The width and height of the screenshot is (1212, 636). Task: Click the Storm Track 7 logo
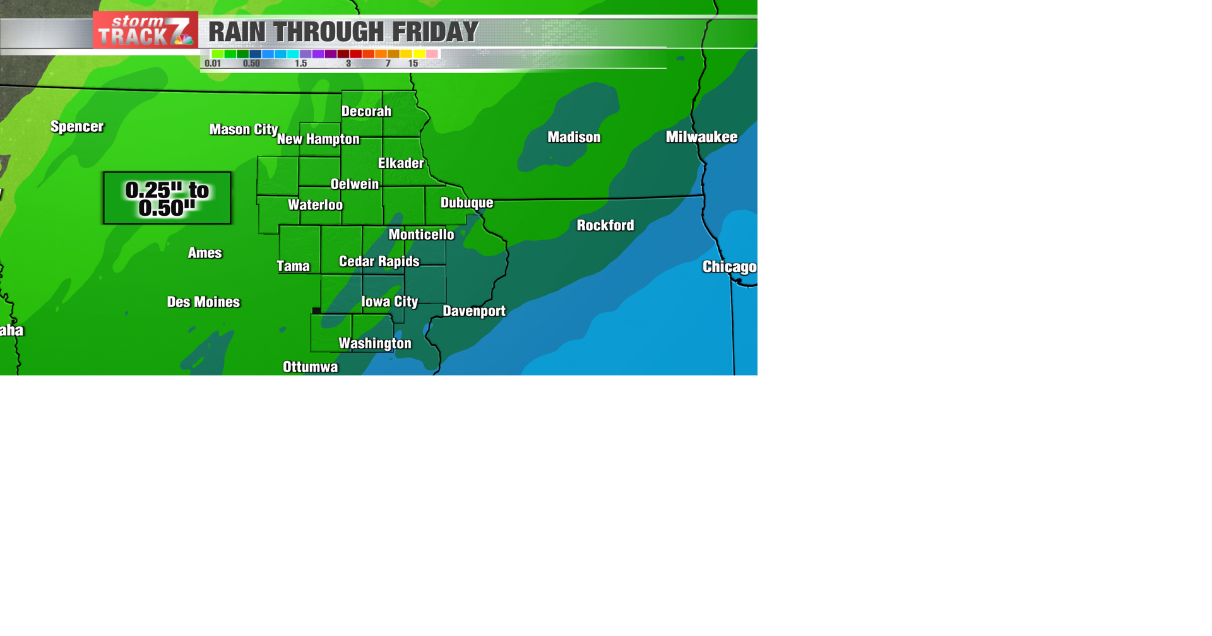[145, 30]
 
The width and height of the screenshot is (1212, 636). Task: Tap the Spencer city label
[77, 127]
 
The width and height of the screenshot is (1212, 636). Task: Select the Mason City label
[243, 129]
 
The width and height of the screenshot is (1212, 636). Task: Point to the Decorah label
[366, 112]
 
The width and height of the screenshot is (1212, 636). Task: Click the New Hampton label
[318, 139]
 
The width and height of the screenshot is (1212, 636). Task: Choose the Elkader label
[401, 163]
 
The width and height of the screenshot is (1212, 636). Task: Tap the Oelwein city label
[355, 184]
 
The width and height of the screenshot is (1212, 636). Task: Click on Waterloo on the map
[315, 205]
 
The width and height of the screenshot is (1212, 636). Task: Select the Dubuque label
[466, 203]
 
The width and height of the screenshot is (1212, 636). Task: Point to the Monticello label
[421, 235]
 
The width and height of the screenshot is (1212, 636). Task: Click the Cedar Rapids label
[379, 261]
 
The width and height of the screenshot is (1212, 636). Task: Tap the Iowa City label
[389, 302]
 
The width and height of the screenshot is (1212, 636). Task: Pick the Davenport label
[474, 311]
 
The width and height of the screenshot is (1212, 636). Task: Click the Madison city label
[574, 138]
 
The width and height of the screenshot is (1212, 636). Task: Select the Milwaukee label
[701, 137]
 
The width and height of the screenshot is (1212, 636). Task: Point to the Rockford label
[605, 225]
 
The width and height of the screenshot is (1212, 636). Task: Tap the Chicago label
[729, 267]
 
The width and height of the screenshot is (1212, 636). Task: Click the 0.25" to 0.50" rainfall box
[167, 198]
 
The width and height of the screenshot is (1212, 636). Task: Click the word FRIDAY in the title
[435, 32]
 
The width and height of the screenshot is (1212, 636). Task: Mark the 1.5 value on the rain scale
[301, 64]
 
